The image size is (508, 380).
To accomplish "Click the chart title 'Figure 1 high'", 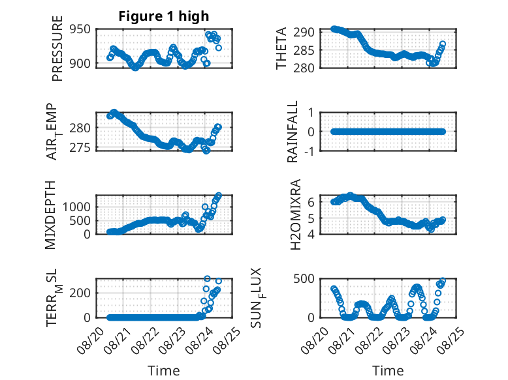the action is tap(164, 16).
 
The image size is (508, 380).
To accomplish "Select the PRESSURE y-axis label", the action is tap(57, 48).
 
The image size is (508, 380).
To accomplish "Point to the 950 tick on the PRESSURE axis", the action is tap(80, 29).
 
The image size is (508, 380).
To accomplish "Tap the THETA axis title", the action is tap(281, 48).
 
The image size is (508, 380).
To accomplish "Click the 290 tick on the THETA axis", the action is tap(304, 32).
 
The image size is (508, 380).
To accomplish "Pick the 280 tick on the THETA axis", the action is tap(304, 68).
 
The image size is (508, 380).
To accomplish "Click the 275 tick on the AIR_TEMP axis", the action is tap(80, 147).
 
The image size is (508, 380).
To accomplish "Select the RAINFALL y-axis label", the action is tap(293, 131).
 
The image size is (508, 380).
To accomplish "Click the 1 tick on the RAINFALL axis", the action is tap(311, 113).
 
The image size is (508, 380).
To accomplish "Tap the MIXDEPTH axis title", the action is tap(50, 214).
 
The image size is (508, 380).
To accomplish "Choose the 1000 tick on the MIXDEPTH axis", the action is tap(77, 207).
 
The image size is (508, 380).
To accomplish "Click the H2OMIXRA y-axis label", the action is tap(296, 214).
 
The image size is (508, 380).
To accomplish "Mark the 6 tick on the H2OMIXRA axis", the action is tap(311, 202).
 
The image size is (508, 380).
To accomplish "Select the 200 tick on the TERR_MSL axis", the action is tap(80, 293).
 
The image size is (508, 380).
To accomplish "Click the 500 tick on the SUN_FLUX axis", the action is tap(304, 279).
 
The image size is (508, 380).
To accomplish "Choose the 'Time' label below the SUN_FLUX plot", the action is tap(388, 370).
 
